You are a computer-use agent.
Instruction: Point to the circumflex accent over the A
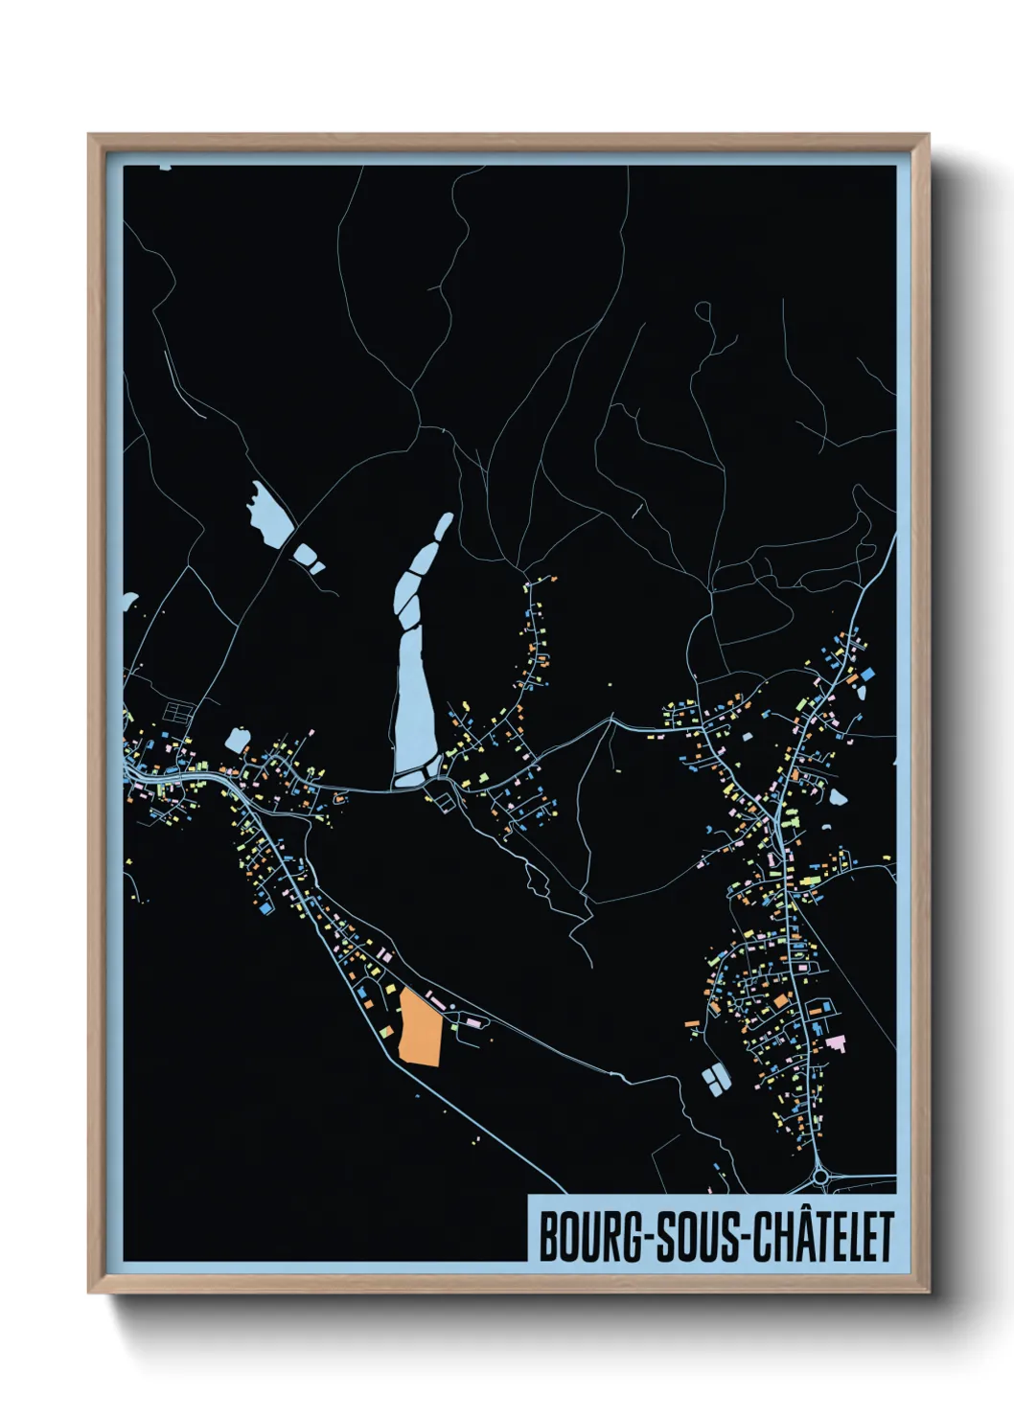click(799, 1214)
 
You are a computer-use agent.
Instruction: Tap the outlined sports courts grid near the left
click(179, 712)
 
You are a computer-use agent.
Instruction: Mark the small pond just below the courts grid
click(237, 741)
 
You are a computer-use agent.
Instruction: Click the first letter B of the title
click(549, 1237)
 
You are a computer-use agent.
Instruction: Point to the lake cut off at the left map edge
click(128, 604)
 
